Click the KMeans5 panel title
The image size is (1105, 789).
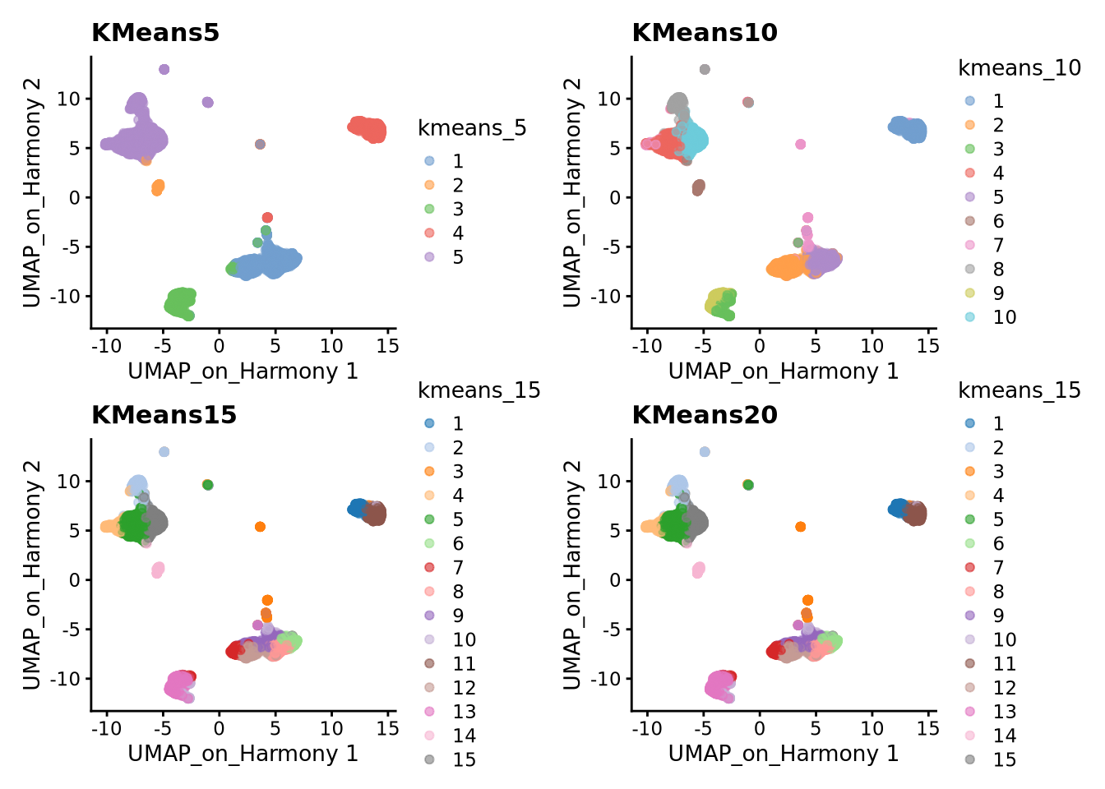click(155, 33)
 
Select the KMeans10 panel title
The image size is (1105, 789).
click(704, 33)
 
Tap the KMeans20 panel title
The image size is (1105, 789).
click(704, 415)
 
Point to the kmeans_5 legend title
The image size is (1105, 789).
click(472, 128)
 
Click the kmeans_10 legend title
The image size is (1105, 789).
click(1019, 68)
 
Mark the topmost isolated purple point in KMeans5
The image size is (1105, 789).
click(164, 69)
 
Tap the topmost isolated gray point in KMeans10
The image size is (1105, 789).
click(705, 69)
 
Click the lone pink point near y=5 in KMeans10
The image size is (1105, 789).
click(800, 144)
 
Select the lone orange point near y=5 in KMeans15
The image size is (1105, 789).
click(260, 526)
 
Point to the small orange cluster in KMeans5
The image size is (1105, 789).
click(158, 187)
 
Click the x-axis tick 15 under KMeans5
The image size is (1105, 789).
click(388, 346)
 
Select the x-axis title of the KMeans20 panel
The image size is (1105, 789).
click(783, 754)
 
